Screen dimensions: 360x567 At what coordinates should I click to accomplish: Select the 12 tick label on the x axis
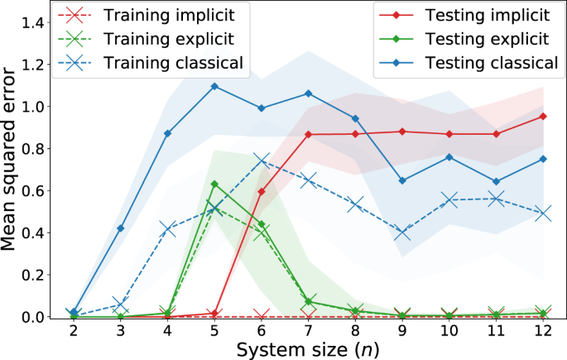tap(543, 331)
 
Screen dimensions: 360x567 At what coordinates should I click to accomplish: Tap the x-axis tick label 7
tap(308, 331)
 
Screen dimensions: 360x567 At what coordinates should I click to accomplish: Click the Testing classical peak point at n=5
tap(214, 86)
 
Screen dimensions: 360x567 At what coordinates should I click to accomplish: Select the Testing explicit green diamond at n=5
tap(214, 184)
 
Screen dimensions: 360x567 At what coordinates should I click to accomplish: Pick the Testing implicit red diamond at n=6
tap(262, 191)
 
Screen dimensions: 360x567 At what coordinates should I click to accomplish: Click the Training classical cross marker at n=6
tap(262, 160)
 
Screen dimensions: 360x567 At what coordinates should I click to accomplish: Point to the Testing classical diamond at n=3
tap(121, 228)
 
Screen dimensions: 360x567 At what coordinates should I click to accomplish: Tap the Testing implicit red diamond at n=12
tap(543, 116)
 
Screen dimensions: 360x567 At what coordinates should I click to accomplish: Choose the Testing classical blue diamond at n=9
tap(402, 180)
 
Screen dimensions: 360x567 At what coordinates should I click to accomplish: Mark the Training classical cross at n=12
tap(543, 213)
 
